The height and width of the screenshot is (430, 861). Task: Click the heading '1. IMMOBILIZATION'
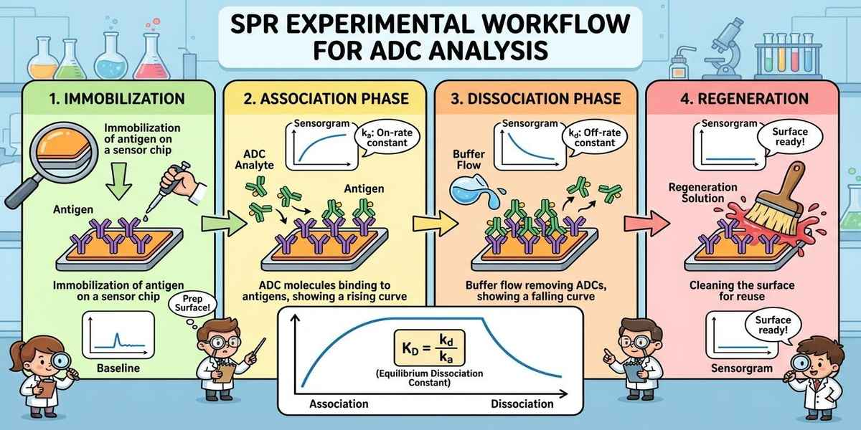click(117, 99)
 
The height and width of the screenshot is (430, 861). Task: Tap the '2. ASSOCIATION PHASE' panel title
click(326, 99)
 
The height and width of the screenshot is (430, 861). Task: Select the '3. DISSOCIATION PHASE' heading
click(536, 99)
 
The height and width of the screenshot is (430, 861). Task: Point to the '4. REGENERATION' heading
click(745, 99)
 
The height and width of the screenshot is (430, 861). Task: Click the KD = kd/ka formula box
click(429, 348)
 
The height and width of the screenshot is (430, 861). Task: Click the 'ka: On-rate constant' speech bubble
click(387, 138)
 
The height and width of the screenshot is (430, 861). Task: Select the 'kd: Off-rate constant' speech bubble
click(595, 138)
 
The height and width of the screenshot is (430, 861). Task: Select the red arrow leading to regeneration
click(646, 223)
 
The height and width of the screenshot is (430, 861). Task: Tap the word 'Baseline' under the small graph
click(118, 368)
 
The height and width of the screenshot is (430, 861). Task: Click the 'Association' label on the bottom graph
click(339, 404)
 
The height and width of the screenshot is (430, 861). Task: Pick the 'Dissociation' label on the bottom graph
click(522, 404)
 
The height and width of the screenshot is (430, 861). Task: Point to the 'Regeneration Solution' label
click(702, 193)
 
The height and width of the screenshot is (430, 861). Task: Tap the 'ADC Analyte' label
click(255, 159)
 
